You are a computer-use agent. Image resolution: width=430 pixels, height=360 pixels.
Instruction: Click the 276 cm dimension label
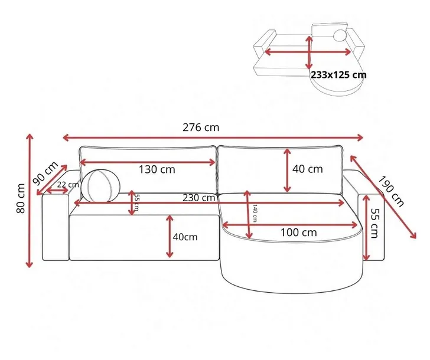coord(201,127)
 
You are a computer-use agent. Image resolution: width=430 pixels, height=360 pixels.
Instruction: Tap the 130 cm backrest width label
coord(157,169)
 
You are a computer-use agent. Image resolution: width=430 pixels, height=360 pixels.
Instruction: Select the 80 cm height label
coord(21,198)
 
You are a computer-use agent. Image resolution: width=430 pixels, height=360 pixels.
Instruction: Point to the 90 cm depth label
coord(45,173)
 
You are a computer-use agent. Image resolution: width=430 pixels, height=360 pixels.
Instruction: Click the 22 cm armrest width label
coord(68,185)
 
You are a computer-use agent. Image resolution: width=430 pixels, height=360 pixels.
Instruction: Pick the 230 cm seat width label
coord(199,198)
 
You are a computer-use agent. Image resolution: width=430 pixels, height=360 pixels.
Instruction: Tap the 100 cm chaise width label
coord(299,233)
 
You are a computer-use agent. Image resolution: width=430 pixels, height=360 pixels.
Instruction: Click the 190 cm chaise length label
coord(392,191)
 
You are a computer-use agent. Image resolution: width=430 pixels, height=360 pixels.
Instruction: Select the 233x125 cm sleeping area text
coord(338,74)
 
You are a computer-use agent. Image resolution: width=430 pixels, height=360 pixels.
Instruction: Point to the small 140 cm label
coord(255,213)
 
